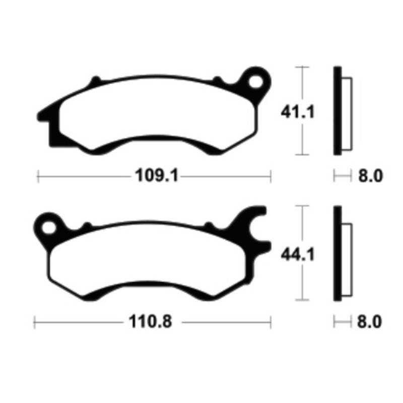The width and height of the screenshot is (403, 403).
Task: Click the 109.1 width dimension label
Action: coord(151,177)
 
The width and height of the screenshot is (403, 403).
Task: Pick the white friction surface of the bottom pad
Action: coord(151,259)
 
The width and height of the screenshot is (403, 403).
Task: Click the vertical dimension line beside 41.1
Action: coord(302,136)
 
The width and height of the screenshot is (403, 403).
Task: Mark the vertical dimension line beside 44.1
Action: coord(302,282)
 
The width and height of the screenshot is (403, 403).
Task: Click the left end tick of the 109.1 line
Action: coord(39,176)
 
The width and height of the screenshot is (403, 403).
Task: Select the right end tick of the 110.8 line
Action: coord(271,321)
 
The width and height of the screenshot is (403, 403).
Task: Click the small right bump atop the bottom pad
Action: coord(208,225)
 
